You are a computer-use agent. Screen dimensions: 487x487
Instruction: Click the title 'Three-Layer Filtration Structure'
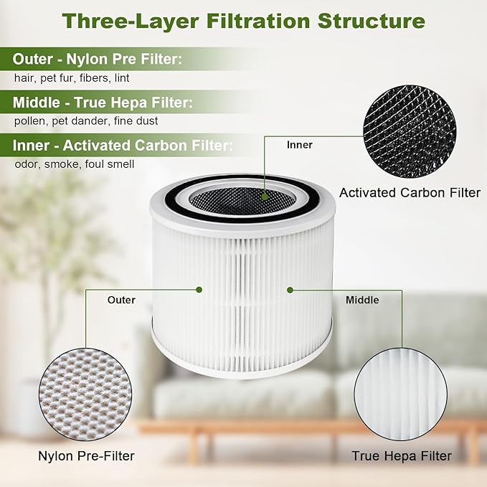click(243, 20)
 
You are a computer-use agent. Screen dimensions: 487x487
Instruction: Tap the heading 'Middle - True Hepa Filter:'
click(103, 102)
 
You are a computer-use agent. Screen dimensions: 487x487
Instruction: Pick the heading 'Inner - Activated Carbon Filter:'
click(123, 146)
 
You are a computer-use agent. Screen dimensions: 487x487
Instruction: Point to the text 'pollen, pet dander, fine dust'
click(86, 121)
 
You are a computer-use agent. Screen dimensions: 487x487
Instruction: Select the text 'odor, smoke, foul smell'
click(74, 164)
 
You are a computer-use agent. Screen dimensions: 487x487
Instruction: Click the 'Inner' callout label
click(299, 145)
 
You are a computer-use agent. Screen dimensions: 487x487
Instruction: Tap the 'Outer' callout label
click(121, 300)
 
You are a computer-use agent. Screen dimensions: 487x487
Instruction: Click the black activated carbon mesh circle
click(410, 136)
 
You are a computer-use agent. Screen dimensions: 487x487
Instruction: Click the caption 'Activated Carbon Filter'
click(410, 192)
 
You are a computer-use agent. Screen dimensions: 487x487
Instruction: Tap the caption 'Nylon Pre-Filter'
click(86, 455)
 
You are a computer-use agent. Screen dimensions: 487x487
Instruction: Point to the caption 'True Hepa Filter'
click(401, 455)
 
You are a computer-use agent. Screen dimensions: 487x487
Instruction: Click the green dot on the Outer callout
click(199, 290)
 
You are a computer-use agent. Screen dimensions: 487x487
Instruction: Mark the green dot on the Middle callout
click(290, 290)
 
